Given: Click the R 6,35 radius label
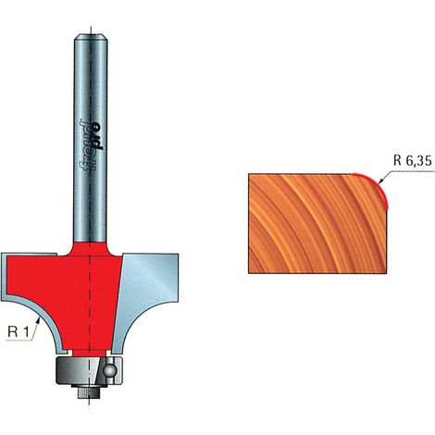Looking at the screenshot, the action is (413, 161).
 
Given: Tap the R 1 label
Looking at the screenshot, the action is (19, 332).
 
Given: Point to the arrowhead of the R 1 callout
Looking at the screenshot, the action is (38, 321).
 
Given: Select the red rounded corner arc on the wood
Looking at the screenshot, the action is (377, 184).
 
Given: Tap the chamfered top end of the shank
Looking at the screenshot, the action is (91, 37).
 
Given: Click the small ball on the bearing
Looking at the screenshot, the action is (110, 370).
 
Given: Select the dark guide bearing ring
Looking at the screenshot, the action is (90, 370).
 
